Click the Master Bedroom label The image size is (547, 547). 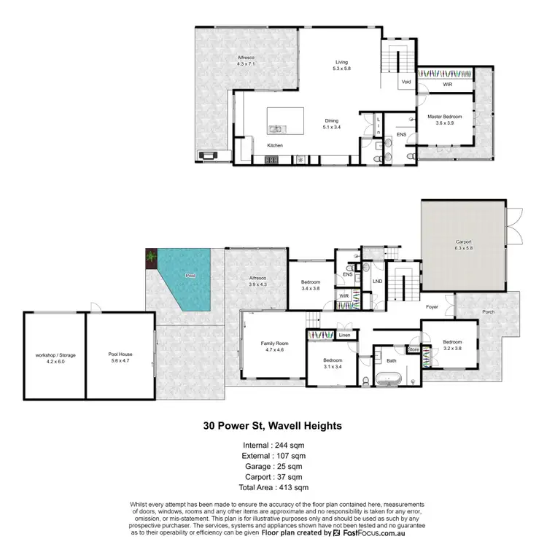coord(443,115)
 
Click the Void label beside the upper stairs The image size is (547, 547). coord(406,82)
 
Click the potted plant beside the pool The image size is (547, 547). coord(151,256)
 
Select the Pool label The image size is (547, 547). coord(190,276)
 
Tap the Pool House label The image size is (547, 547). coord(121,354)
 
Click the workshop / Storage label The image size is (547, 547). coord(55,354)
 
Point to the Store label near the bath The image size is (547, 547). coord(414,349)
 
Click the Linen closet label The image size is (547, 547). coord(344,335)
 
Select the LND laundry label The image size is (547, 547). coord(377,280)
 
